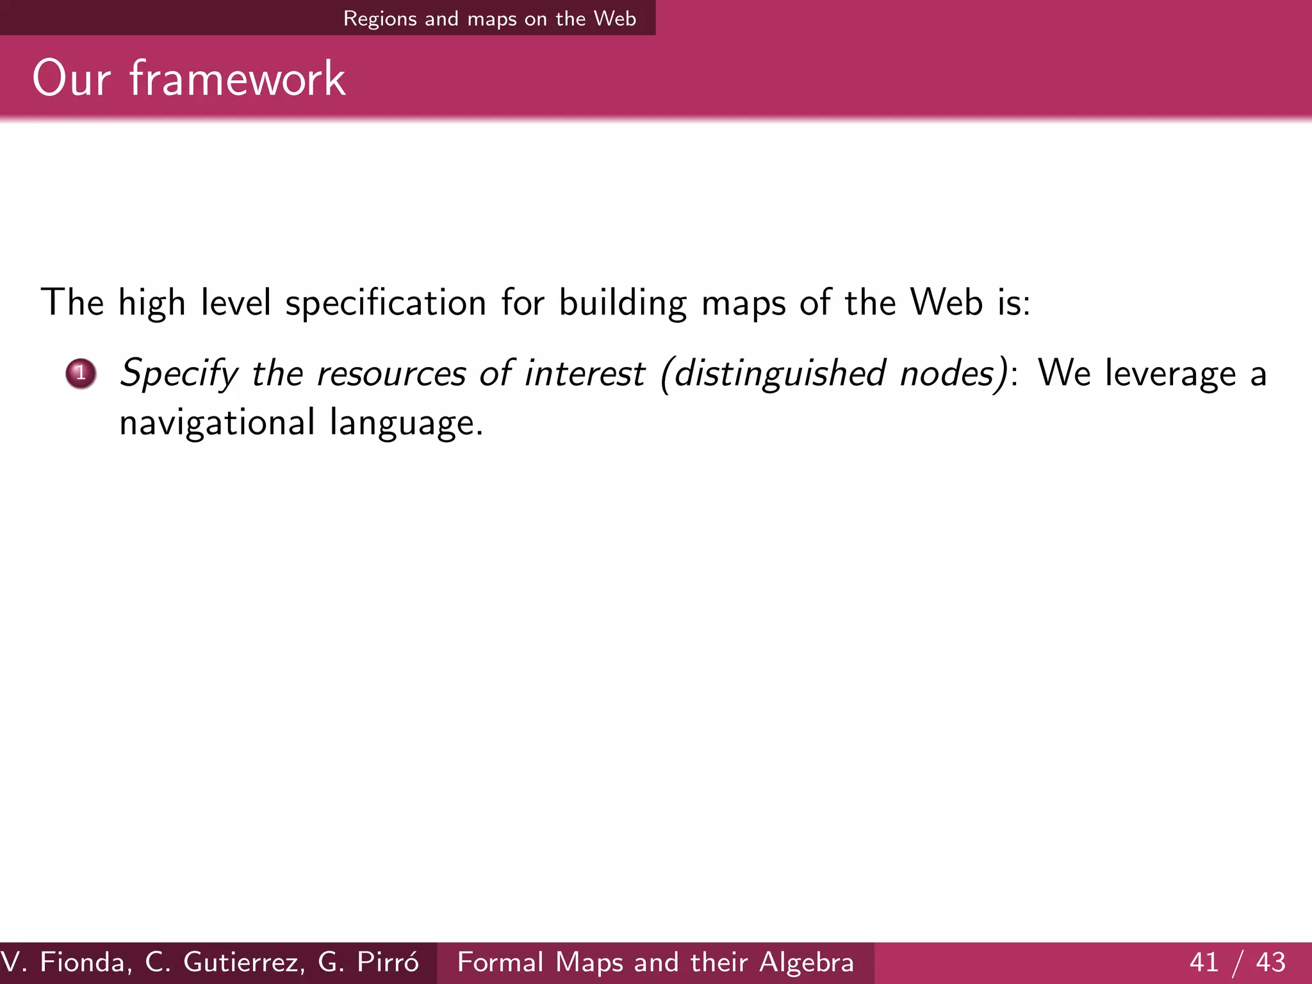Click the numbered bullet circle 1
[81, 373]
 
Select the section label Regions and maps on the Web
[489, 19]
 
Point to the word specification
[385, 302]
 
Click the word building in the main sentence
[623, 302]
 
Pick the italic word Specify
[179, 373]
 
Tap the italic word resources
[391, 373]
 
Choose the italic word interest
[584, 373]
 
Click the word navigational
[217, 423]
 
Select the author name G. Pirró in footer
[368, 962]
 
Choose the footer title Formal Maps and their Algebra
[655, 962]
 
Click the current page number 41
[1204, 962]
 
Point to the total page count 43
[1270, 962]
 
